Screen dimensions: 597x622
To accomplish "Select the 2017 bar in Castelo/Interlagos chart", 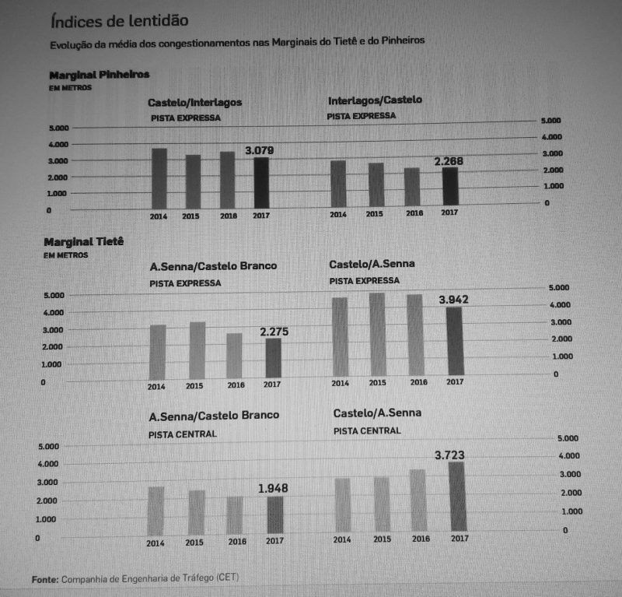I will (x=262, y=182).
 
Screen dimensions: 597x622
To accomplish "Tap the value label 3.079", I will (x=260, y=149).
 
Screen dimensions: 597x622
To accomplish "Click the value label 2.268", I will (x=449, y=160).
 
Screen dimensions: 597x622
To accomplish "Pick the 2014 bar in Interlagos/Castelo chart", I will (x=338, y=183).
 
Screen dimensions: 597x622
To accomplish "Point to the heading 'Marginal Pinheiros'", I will (x=99, y=75).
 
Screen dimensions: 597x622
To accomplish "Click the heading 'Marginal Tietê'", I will (x=84, y=242).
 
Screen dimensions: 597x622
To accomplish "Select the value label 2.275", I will (x=274, y=332).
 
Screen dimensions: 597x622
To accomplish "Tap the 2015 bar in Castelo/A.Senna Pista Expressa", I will (x=377, y=334).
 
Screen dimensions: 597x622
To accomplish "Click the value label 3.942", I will (x=454, y=300).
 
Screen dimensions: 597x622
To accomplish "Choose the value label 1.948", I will (x=273, y=488).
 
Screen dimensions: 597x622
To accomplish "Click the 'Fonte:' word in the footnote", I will (x=45, y=578).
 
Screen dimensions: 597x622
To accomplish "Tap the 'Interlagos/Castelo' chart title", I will (x=375, y=102).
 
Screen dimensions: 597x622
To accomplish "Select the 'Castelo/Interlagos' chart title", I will (x=195, y=103).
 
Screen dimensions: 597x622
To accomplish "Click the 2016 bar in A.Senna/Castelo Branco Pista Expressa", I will (x=234, y=356).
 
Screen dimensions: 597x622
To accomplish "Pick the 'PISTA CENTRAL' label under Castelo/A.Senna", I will (x=368, y=430).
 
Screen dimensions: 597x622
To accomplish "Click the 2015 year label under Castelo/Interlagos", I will (x=192, y=216).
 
